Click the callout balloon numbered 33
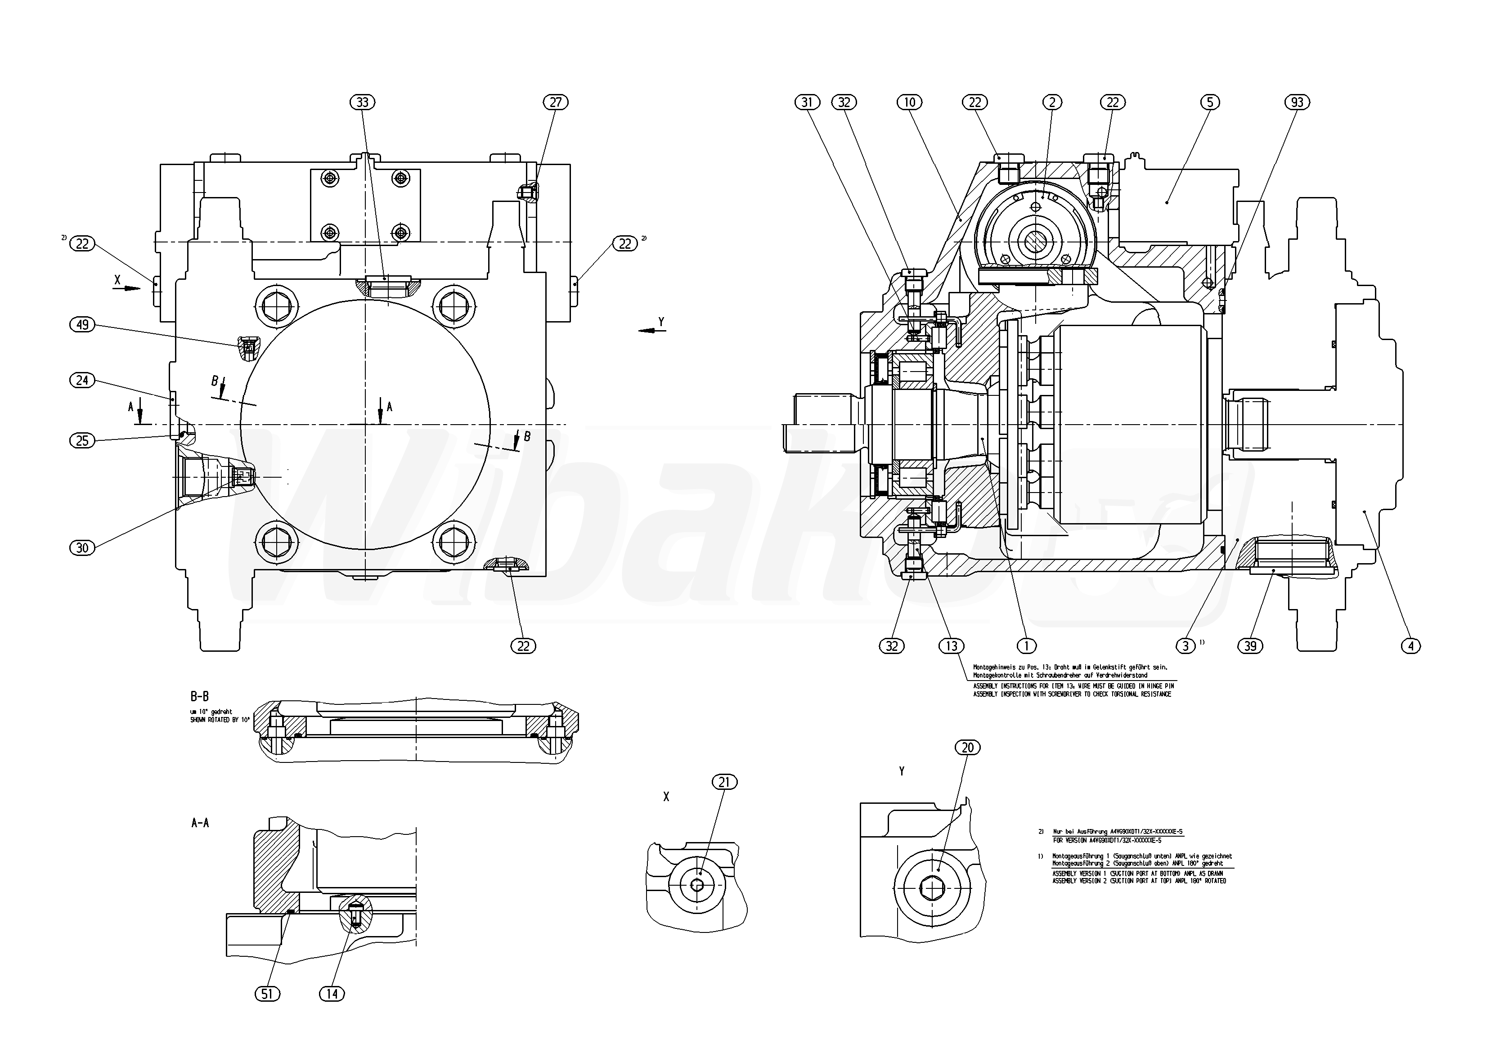click(362, 102)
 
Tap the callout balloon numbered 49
click(82, 325)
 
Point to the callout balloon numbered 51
click(268, 994)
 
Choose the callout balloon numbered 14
click(332, 994)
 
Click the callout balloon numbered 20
click(968, 748)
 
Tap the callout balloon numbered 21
click(725, 782)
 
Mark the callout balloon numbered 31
click(807, 102)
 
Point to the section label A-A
click(200, 823)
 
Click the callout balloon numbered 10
click(909, 102)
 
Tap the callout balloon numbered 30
click(82, 548)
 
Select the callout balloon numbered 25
click(82, 441)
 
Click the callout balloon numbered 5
click(1210, 102)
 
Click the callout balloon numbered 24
click(82, 380)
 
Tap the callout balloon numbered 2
click(1052, 102)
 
